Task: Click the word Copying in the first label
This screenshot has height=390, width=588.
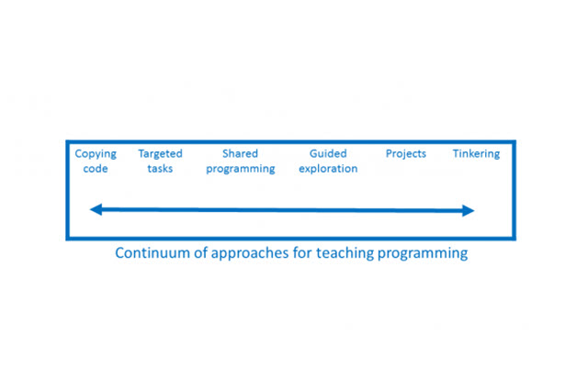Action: coord(96,154)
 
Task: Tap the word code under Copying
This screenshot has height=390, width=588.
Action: coord(96,169)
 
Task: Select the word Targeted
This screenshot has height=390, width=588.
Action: coord(160,154)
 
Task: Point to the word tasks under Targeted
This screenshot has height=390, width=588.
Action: coord(160,169)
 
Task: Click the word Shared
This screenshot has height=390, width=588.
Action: coord(240,154)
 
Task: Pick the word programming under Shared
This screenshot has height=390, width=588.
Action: coord(240,170)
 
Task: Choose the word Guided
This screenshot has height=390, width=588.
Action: coord(328,154)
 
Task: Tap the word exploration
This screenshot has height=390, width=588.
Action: coord(328,170)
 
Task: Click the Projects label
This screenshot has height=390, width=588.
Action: coord(405,154)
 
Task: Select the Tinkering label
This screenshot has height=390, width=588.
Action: coord(476,154)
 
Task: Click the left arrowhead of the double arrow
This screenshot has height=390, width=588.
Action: coord(95,210)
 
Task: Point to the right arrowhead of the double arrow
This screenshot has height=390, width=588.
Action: coord(469,210)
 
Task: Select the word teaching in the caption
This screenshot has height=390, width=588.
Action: coord(350,253)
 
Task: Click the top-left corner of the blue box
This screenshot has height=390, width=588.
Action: coord(67,142)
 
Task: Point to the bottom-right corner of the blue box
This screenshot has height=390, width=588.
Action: coord(514,239)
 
